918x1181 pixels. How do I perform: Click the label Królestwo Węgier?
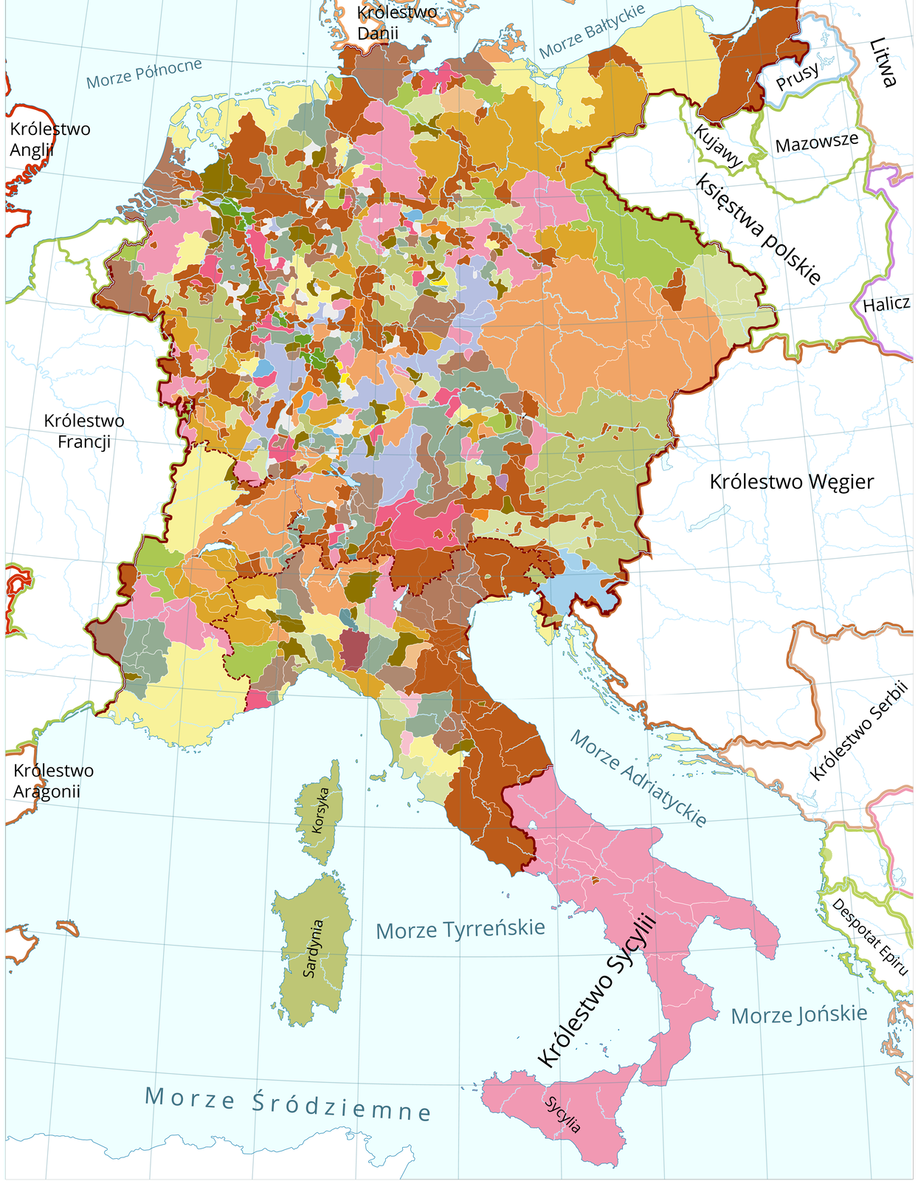791,482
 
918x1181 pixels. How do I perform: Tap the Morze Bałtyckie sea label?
592,31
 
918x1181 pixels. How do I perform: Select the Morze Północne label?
144,74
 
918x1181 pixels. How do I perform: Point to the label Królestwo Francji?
84,431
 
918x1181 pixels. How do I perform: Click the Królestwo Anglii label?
49,139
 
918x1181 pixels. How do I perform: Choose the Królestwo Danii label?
396,22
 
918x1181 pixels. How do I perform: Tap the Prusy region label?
797,76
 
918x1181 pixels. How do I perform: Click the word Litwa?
883,63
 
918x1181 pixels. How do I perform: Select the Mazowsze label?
817,142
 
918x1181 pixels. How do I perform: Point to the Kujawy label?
718,145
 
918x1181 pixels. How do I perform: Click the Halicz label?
886,304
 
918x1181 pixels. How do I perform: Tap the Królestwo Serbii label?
857,731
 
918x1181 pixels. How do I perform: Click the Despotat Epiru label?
869,936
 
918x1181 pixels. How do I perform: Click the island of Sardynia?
312,948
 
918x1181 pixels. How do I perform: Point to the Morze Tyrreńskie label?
460,929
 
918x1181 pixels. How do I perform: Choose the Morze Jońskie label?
798,1014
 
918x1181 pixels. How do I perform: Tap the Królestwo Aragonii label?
53,781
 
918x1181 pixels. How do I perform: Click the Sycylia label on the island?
563,1115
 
